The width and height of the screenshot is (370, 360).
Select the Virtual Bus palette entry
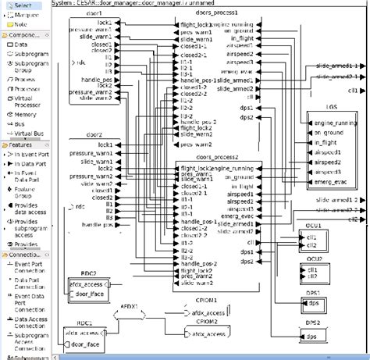pyautogui.click(x=28, y=134)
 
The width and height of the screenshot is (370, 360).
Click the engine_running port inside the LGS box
pyautogui.click(x=334, y=124)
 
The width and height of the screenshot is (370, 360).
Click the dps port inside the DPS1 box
pyautogui.click(x=314, y=304)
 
